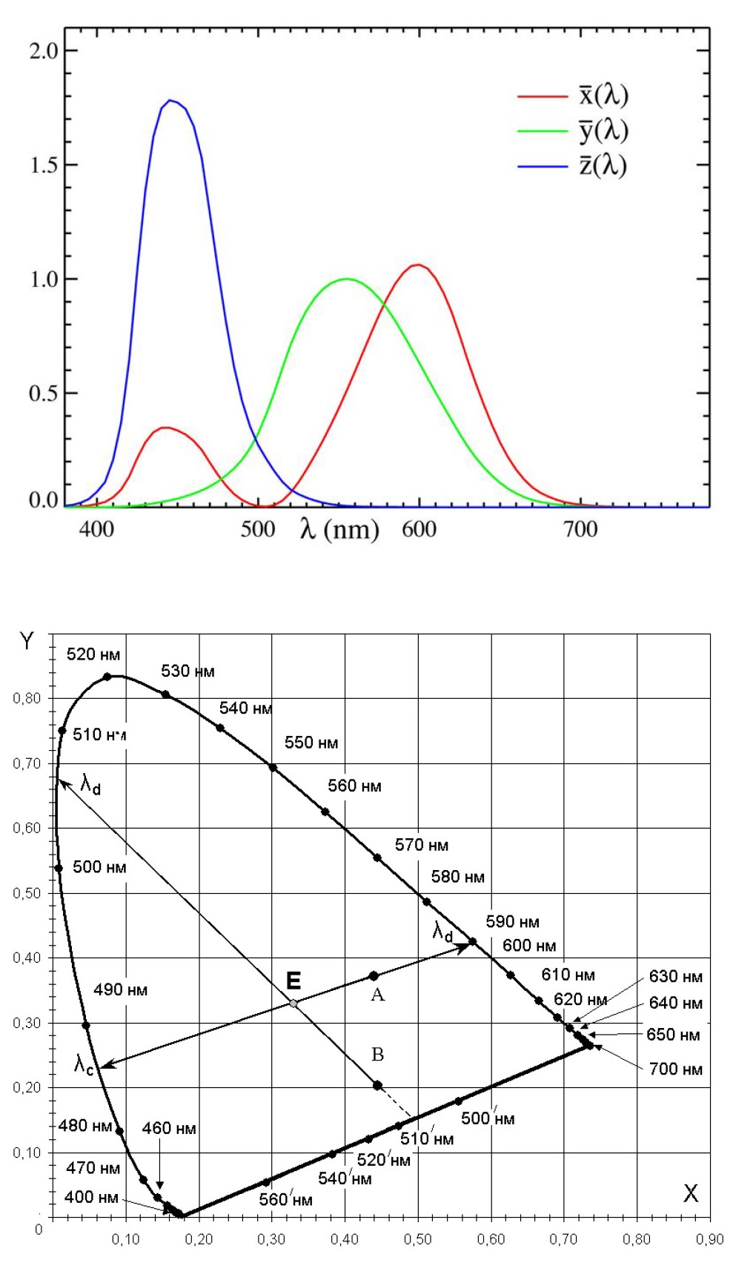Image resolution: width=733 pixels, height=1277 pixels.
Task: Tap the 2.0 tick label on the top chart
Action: click(x=43, y=51)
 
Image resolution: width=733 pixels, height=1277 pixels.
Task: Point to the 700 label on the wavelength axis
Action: click(x=580, y=529)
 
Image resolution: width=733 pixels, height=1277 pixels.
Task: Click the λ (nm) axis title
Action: click(x=339, y=529)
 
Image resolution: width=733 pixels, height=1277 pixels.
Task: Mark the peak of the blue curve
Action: click(x=170, y=100)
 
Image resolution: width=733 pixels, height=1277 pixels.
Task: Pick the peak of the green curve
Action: click(x=346, y=279)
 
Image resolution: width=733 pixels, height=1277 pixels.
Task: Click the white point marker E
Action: click(x=293, y=1004)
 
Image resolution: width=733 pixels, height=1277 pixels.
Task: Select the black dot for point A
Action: click(x=374, y=976)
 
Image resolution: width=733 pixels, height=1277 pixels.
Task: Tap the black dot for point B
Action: click(x=377, y=1086)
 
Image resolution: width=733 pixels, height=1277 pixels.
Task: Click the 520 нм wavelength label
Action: click(x=93, y=654)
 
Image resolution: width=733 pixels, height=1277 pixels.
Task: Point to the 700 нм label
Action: click(x=675, y=1069)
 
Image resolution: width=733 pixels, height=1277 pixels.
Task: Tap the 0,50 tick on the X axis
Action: click(x=418, y=1239)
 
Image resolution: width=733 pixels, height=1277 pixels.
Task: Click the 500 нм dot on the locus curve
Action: click(x=59, y=869)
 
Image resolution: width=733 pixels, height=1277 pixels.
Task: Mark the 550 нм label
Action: click(x=311, y=743)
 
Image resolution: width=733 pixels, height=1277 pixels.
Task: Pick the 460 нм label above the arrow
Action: click(x=169, y=1129)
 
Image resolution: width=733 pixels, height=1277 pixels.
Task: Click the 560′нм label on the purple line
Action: click(x=285, y=1199)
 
